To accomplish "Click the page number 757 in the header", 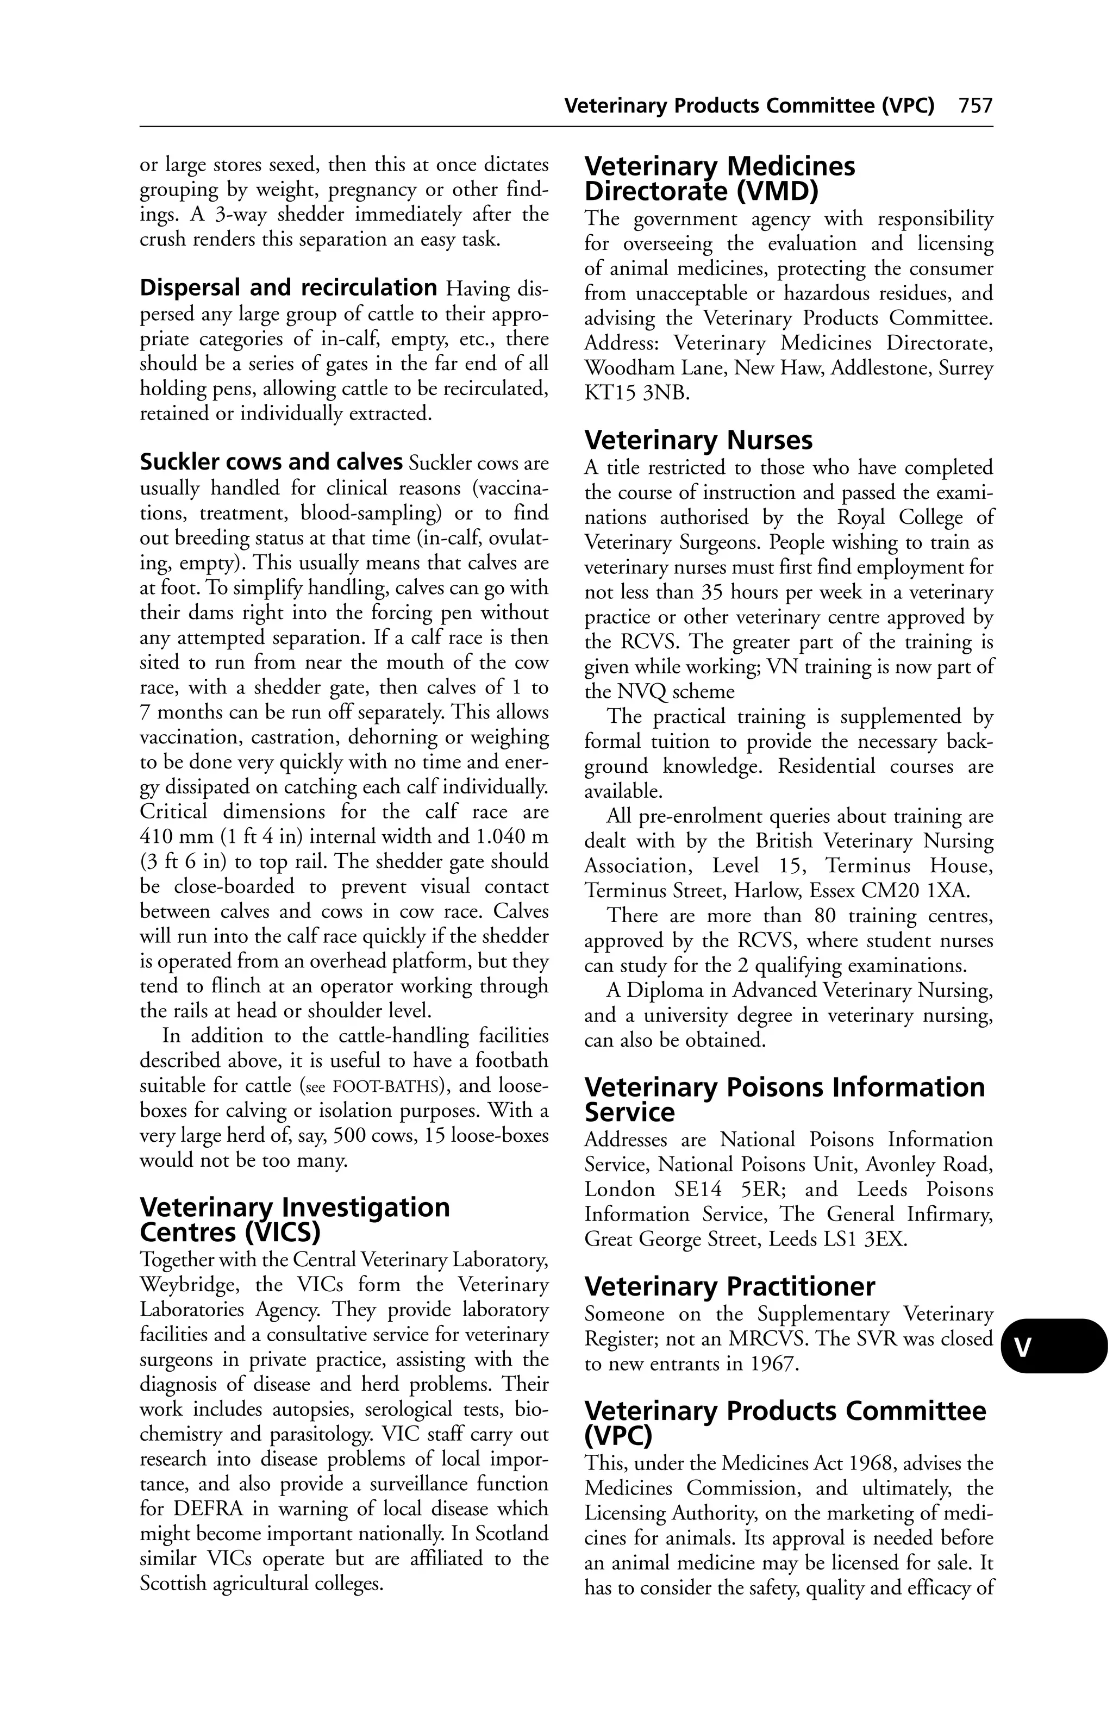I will pyautogui.click(x=975, y=106).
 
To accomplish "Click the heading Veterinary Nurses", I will pyautogui.click(x=698, y=440).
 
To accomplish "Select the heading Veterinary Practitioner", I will pyautogui.click(x=729, y=1286).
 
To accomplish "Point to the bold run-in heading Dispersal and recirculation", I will pyautogui.click(x=287, y=287).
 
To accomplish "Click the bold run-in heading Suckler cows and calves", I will pyautogui.click(x=271, y=462).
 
